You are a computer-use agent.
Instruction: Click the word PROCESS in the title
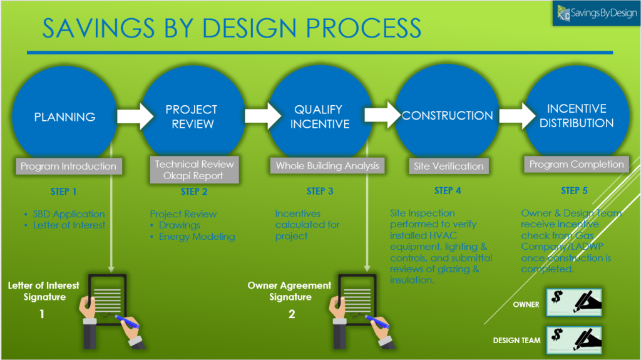pyautogui.click(x=354, y=29)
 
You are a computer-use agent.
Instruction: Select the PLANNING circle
pyautogui.click(x=64, y=116)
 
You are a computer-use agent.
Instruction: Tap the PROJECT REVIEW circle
pyautogui.click(x=192, y=116)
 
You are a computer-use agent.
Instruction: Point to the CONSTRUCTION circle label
pyautogui.click(x=447, y=116)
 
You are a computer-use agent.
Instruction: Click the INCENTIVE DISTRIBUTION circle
pyautogui.click(x=576, y=116)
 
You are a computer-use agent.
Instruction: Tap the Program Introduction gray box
pyautogui.click(x=68, y=167)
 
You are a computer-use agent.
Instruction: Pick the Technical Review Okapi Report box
pyautogui.click(x=195, y=170)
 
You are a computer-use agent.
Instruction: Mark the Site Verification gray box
pyautogui.click(x=449, y=167)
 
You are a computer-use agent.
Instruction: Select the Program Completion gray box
pyautogui.click(x=576, y=165)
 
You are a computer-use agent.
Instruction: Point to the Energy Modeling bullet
pyautogui.click(x=197, y=237)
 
